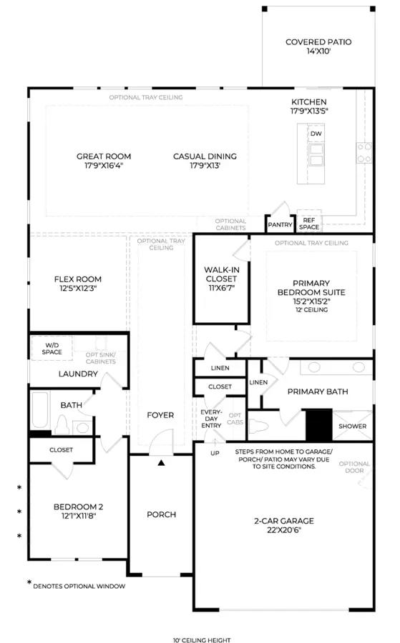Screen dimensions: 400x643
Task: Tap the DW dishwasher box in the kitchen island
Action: click(316, 134)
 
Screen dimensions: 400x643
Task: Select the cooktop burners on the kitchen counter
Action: click(364, 153)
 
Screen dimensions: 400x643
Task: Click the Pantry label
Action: click(280, 225)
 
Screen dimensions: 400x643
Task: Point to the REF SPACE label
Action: click(309, 224)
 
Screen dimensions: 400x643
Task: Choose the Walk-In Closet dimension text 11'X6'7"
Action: click(221, 288)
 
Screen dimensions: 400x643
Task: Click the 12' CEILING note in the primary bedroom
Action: click(312, 310)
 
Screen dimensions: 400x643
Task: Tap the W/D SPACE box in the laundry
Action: click(52, 349)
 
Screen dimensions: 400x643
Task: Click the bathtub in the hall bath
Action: click(40, 411)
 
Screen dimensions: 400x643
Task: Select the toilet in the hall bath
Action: click(62, 424)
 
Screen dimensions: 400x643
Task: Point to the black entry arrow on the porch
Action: click(162, 463)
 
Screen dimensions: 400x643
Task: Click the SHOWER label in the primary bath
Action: click(352, 426)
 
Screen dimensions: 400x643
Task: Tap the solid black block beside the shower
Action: click(318, 425)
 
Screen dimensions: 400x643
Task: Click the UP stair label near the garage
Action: click(215, 453)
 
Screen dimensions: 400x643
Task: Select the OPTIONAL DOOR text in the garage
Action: click(354, 467)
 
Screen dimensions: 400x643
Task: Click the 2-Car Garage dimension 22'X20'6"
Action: click(284, 530)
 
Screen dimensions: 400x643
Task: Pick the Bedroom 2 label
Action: click(79, 507)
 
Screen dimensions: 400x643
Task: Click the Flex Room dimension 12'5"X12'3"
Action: click(78, 289)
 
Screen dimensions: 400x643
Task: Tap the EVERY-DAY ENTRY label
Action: click(211, 419)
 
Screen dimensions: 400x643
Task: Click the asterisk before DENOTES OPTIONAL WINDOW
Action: click(29, 583)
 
